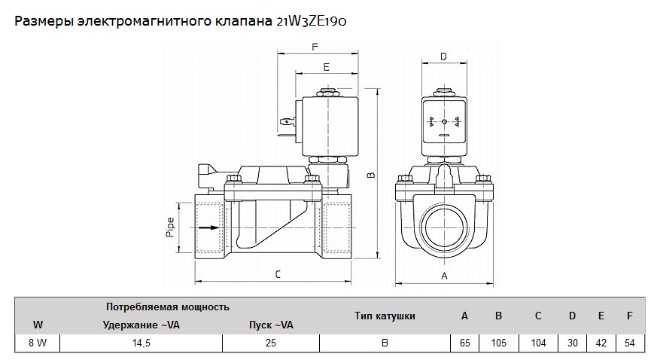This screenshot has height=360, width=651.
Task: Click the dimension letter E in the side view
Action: [x=326, y=67]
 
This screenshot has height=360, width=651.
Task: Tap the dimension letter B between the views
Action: [x=370, y=175]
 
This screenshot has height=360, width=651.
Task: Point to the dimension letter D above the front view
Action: [x=443, y=56]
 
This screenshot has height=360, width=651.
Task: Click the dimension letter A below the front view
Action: [x=444, y=276]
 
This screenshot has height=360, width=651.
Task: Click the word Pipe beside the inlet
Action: [x=170, y=226]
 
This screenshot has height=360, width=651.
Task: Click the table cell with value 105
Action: [x=498, y=343]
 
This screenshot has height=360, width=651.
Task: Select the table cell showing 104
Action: [x=538, y=343]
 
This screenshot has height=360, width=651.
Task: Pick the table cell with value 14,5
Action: [x=140, y=343]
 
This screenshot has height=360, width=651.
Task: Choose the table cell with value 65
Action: [x=464, y=343]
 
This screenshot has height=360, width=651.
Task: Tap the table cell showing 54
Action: [x=629, y=343]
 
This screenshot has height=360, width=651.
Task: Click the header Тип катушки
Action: [x=385, y=316]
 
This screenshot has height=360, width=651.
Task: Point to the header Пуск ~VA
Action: [x=270, y=325]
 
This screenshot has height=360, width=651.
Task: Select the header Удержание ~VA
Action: [x=140, y=325]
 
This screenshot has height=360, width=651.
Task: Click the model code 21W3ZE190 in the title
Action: [x=312, y=22]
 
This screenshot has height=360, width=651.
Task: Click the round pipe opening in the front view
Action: [x=443, y=225]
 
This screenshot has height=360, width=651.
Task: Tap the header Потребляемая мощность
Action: [x=167, y=307]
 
